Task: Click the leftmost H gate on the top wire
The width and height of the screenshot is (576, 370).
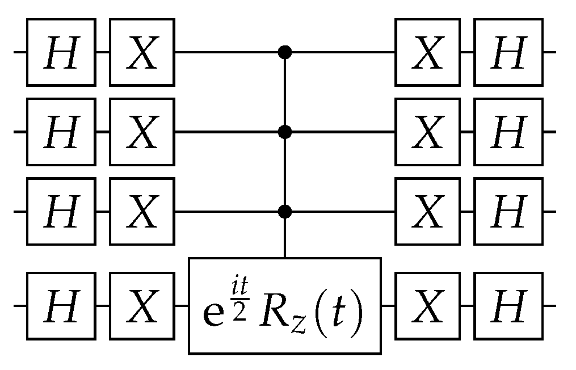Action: (61, 52)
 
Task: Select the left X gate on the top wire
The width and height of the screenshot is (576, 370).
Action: (142, 52)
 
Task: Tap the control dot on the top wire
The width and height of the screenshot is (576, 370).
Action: (285, 53)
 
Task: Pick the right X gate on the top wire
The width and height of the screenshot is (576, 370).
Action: (428, 52)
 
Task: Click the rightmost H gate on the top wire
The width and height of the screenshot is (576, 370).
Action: (508, 52)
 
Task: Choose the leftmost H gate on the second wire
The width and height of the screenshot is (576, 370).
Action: (61, 132)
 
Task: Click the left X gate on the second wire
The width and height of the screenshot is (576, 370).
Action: (142, 132)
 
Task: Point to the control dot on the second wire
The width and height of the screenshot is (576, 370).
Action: (285, 132)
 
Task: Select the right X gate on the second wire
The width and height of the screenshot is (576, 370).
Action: (428, 132)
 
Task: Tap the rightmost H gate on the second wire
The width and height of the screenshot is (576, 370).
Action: (508, 132)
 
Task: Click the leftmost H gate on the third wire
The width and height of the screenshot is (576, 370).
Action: (61, 212)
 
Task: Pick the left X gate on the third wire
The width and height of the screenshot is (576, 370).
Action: (142, 212)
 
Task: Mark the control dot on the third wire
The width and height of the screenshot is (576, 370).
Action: (285, 212)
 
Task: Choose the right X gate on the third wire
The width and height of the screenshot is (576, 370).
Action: (428, 212)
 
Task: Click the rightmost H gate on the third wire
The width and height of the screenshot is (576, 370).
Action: (508, 212)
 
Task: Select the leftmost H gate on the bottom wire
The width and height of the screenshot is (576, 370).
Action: (61, 306)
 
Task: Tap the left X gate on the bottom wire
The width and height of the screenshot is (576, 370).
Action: (142, 306)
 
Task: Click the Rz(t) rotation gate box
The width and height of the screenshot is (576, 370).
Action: (285, 306)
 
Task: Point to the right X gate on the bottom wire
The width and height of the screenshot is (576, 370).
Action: (428, 306)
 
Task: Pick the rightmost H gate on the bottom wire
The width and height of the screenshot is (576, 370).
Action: (508, 306)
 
